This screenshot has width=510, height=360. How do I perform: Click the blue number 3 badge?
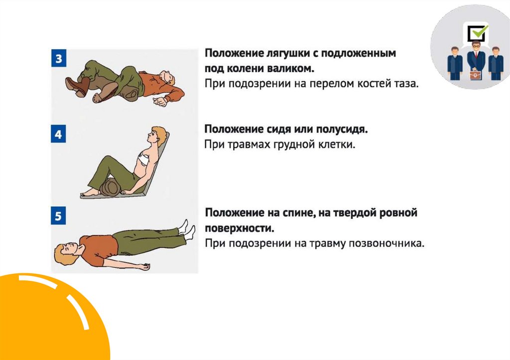click(x=59, y=58)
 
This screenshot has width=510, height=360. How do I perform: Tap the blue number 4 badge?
click(x=59, y=133)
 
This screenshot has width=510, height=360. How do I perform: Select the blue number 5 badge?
click(x=59, y=216)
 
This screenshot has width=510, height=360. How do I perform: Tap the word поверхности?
click(x=240, y=229)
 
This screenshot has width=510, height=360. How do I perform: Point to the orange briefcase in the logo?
click(x=475, y=75)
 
